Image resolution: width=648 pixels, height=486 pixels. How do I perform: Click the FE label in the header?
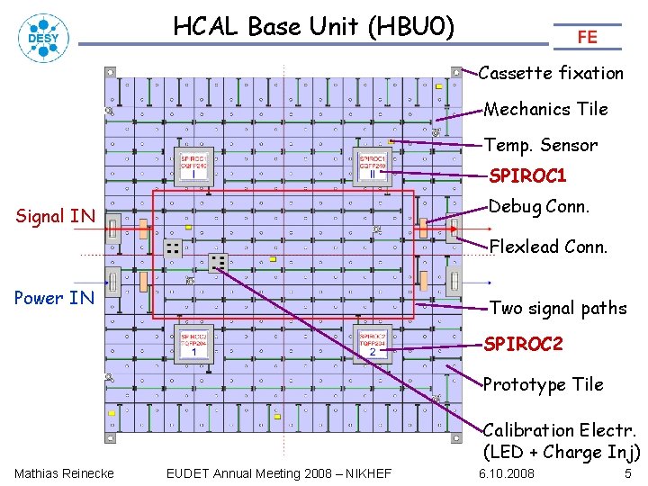pos(587,37)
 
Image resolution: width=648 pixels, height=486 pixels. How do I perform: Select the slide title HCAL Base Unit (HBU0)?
pos(314,27)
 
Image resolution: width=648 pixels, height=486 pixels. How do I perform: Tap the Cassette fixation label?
pos(551,73)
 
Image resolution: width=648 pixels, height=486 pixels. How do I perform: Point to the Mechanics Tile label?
pos(545,109)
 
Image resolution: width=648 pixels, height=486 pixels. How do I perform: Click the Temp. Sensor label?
pos(540,145)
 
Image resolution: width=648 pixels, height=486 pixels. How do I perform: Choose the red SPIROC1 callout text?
pos(527,175)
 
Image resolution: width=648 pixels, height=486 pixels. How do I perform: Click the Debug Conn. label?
pos(538,206)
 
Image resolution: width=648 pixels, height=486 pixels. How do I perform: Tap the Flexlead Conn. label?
pos(548,246)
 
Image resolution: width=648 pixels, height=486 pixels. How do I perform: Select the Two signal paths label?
pos(558,308)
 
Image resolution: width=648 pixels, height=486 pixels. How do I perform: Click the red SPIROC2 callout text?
pos(524,344)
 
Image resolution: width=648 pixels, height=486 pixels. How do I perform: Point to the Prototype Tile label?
pos(543,384)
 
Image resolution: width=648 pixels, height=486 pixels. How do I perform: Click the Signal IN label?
pos(56,216)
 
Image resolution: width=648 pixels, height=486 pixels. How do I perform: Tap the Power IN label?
pos(55,298)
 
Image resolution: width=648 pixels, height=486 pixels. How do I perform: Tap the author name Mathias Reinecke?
pos(64,473)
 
